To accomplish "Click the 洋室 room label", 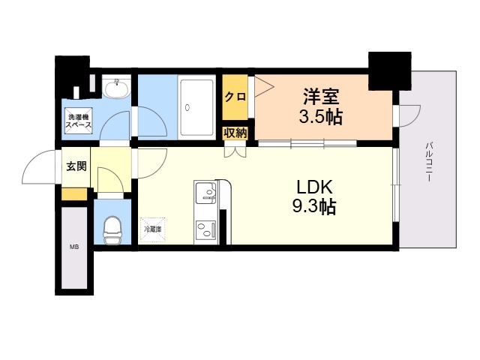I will click(322, 97).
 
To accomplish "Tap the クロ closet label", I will click(234, 97).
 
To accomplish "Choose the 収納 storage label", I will click(234, 133).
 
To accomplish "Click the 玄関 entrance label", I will click(76, 166).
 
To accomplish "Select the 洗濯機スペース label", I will click(79, 121).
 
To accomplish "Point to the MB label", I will click(74, 247).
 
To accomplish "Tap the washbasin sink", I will click(115, 90).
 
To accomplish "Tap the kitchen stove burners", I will click(204, 229).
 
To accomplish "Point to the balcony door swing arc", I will click(409, 114).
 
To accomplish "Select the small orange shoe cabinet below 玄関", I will click(74, 194).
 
